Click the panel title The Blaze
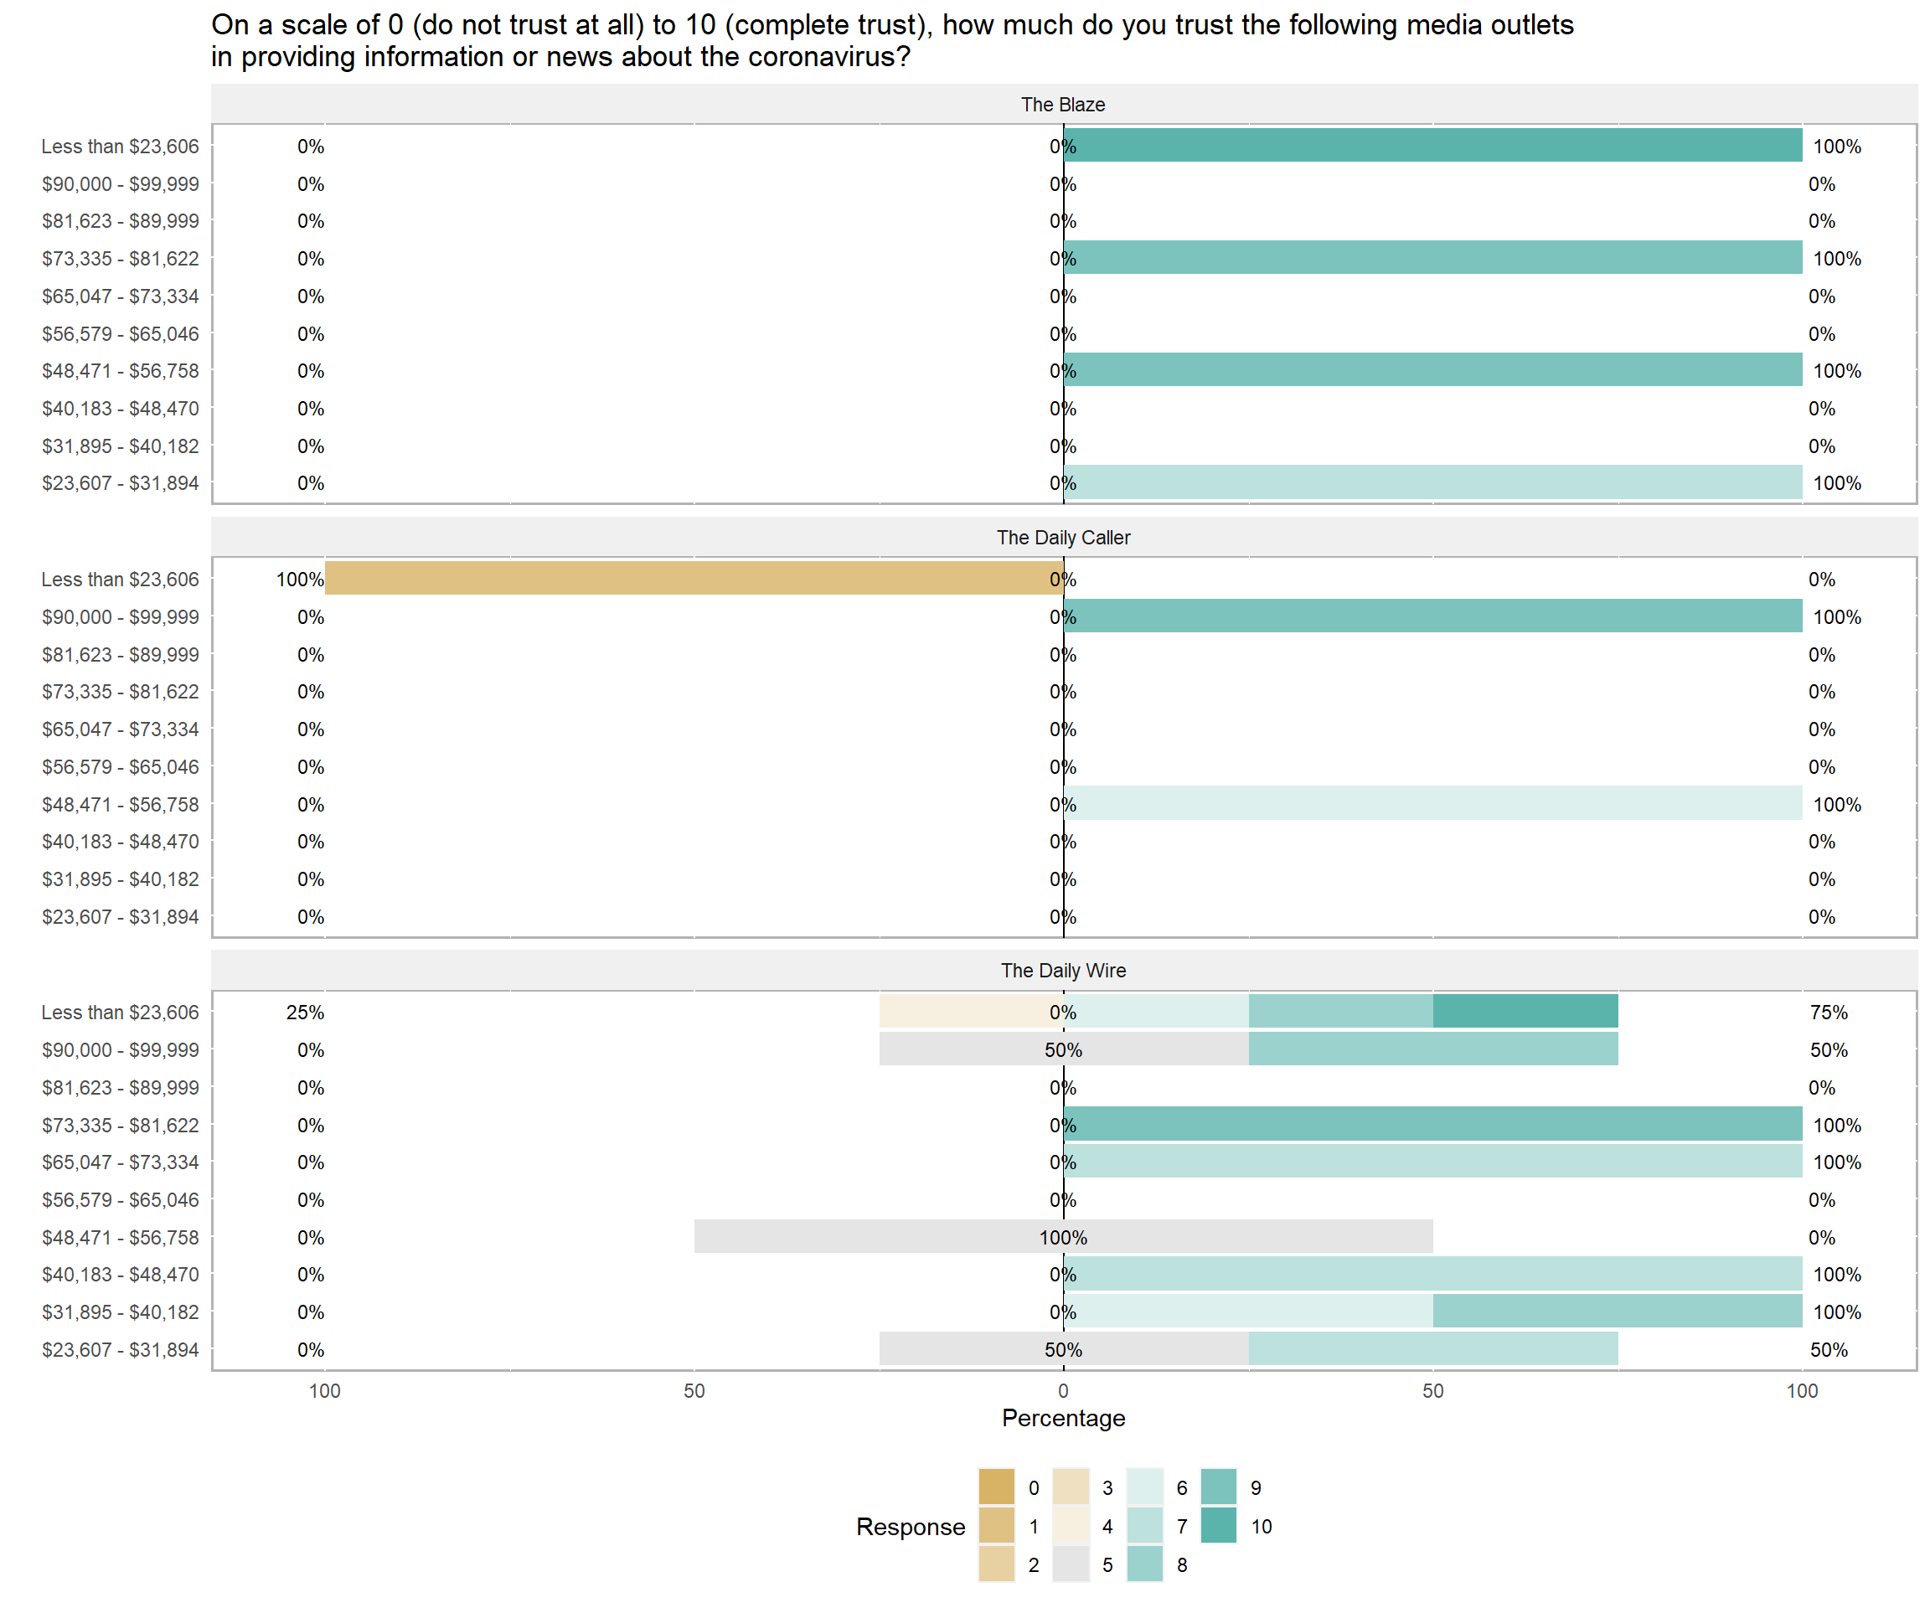pyautogui.click(x=1062, y=105)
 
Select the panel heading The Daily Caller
pyautogui.click(x=1062, y=538)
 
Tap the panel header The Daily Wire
pyautogui.click(x=1062, y=971)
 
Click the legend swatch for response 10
pyautogui.click(x=1218, y=1526)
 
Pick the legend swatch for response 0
pyautogui.click(x=996, y=1487)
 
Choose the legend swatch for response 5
pyautogui.click(x=1071, y=1564)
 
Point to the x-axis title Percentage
pyautogui.click(x=1062, y=1418)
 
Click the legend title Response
pyautogui.click(x=910, y=1526)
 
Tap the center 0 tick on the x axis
pyautogui.click(x=1062, y=1390)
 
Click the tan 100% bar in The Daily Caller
pyautogui.click(x=694, y=579)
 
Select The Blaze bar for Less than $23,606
pyautogui.click(x=1432, y=146)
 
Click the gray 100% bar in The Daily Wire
pyautogui.click(x=1062, y=1237)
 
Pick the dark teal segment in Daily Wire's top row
pyautogui.click(x=1525, y=1012)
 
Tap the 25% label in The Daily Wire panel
pyautogui.click(x=304, y=1013)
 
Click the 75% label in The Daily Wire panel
pyautogui.click(x=1828, y=1013)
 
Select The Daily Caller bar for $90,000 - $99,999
pyautogui.click(x=1432, y=616)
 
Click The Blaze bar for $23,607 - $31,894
pyautogui.click(x=1432, y=482)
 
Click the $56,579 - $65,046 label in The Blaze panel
pyautogui.click(x=120, y=333)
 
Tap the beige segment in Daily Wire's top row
pyautogui.click(x=971, y=1012)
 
